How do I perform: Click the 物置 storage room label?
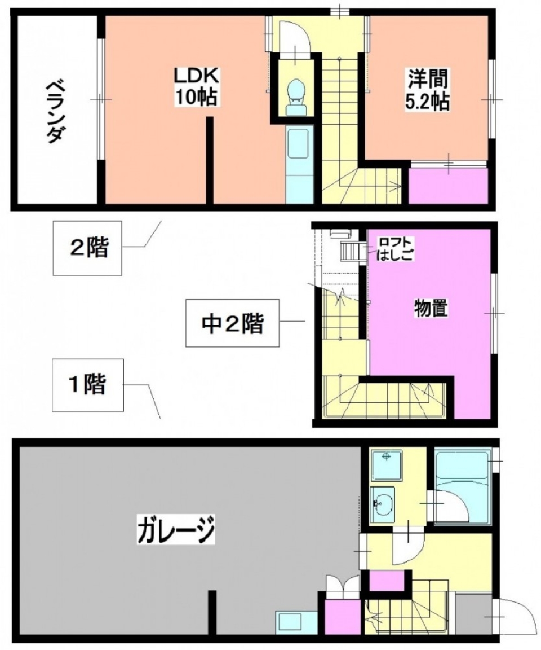click(x=431, y=309)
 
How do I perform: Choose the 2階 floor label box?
click(x=88, y=248)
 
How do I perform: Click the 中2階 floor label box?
click(x=233, y=323)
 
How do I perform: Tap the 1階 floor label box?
click(x=87, y=385)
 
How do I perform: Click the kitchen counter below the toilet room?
click(x=299, y=164)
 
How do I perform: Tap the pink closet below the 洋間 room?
click(x=447, y=186)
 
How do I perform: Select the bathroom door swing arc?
click(x=449, y=504)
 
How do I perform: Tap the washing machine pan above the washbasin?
click(x=386, y=465)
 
